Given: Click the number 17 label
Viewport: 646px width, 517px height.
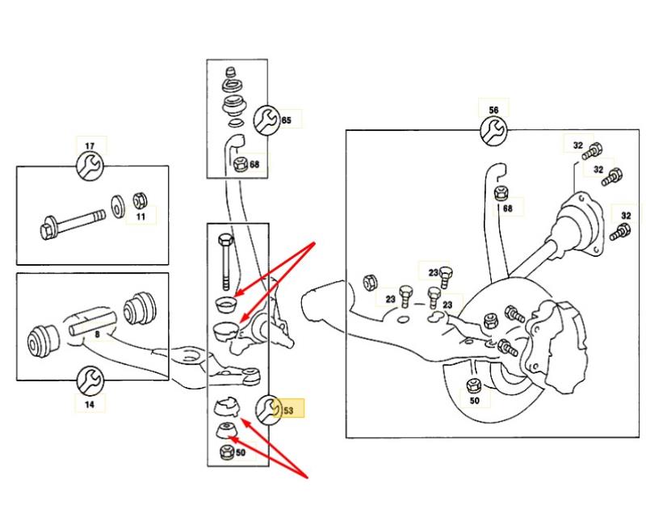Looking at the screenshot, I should [x=90, y=146].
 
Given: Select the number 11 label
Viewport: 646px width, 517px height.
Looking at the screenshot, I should [x=141, y=216].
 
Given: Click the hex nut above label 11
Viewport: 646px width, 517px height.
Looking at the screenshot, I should [x=138, y=199].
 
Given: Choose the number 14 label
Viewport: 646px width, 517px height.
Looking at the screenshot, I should [x=90, y=403].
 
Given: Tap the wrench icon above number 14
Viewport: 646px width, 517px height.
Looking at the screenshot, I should [x=90, y=378].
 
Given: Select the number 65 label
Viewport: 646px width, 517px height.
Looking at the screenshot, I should [x=286, y=120].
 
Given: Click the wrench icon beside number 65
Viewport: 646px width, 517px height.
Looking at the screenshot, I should [x=265, y=121].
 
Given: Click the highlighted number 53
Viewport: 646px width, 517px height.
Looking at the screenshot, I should [x=287, y=410].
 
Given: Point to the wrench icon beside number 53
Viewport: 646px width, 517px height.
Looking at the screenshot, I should [x=267, y=410].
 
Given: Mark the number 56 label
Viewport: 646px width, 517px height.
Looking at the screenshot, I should [x=493, y=110].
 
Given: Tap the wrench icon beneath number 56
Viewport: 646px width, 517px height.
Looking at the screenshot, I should [x=493, y=130].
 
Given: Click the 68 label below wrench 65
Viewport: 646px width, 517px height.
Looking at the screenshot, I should [x=254, y=165].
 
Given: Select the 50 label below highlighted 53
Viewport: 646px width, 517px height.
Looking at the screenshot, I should [x=240, y=453].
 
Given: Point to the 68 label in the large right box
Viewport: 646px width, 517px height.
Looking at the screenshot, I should [x=507, y=208].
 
